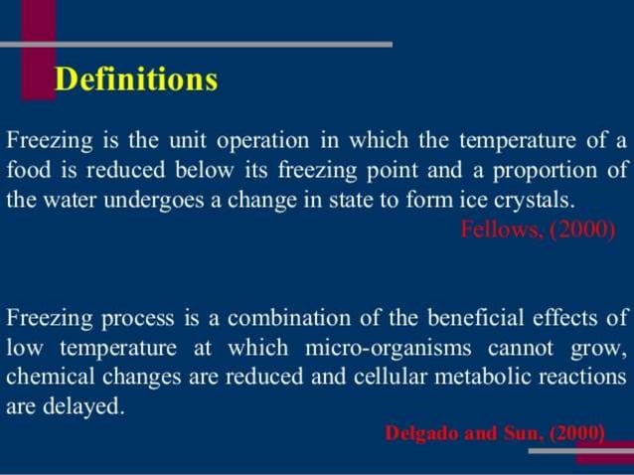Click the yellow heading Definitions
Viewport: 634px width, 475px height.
click(x=136, y=79)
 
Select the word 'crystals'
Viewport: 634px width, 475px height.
click(x=534, y=199)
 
